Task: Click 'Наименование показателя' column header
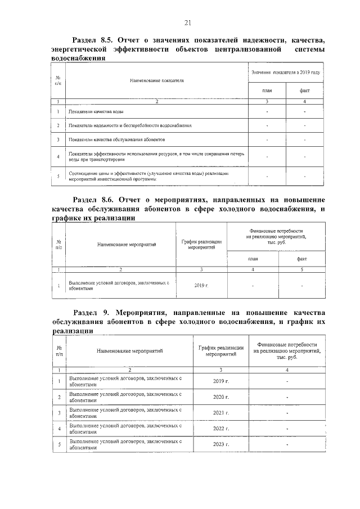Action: [x=157, y=81]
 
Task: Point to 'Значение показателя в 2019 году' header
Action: [x=286, y=73]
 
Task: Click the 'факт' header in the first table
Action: [x=304, y=91]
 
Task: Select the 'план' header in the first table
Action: [x=267, y=91]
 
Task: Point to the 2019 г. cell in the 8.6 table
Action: [x=201, y=286]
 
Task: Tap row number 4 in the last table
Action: [x=59, y=429]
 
